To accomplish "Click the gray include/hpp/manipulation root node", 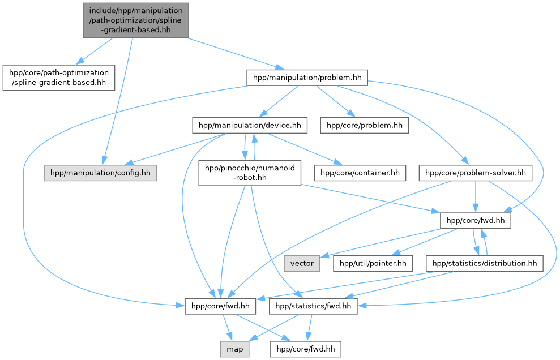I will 136,20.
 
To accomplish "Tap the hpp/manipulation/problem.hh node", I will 307,78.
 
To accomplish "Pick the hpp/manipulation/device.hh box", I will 250,125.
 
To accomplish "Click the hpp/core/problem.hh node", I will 364,125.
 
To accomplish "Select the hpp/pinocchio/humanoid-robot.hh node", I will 249,173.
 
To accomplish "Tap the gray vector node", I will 302,263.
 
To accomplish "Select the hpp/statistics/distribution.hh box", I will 485,263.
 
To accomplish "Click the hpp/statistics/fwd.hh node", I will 313,306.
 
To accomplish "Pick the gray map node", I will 234,349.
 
